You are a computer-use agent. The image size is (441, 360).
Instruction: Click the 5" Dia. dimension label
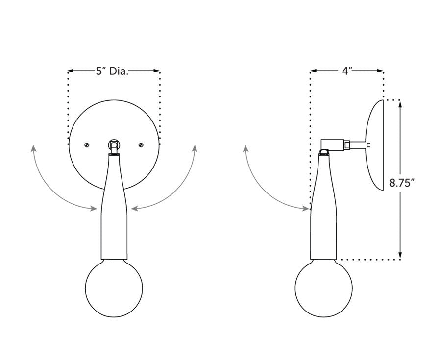click(112, 71)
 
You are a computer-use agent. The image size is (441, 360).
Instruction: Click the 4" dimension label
click(347, 71)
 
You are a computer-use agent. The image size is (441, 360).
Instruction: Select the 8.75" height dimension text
click(402, 184)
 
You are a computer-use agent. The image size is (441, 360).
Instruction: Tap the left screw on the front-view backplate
click(86, 144)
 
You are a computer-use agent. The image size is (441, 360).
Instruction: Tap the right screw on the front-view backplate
click(141, 144)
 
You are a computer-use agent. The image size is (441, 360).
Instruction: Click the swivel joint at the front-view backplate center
click(114, 145)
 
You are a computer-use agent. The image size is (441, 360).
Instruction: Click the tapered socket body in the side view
click(324, 216)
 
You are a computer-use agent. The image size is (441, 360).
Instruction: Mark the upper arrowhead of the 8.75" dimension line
click(401, 103)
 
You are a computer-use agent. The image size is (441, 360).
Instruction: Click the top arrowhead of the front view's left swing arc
click(33, 147)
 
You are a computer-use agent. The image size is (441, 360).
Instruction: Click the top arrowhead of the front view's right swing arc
click(195, 147)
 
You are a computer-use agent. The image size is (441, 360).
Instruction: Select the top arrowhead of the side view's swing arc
click(245, 147)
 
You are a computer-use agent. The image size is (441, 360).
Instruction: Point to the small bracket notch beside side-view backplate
click(367, 145)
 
